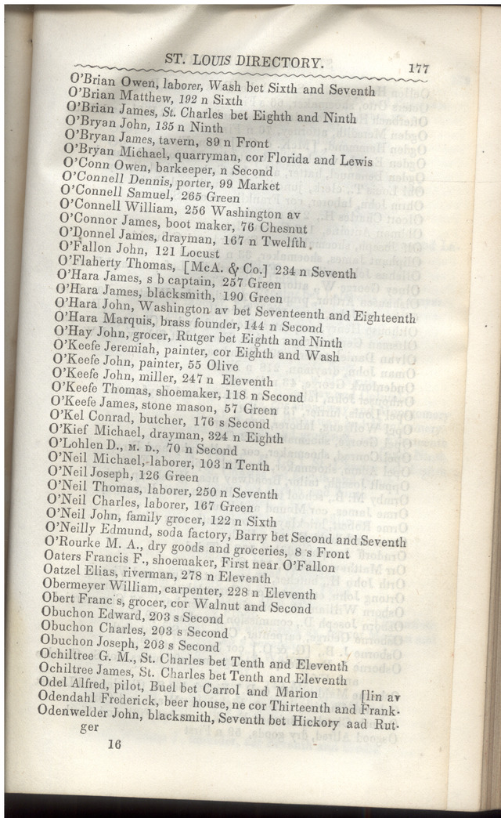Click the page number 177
[418, 70]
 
